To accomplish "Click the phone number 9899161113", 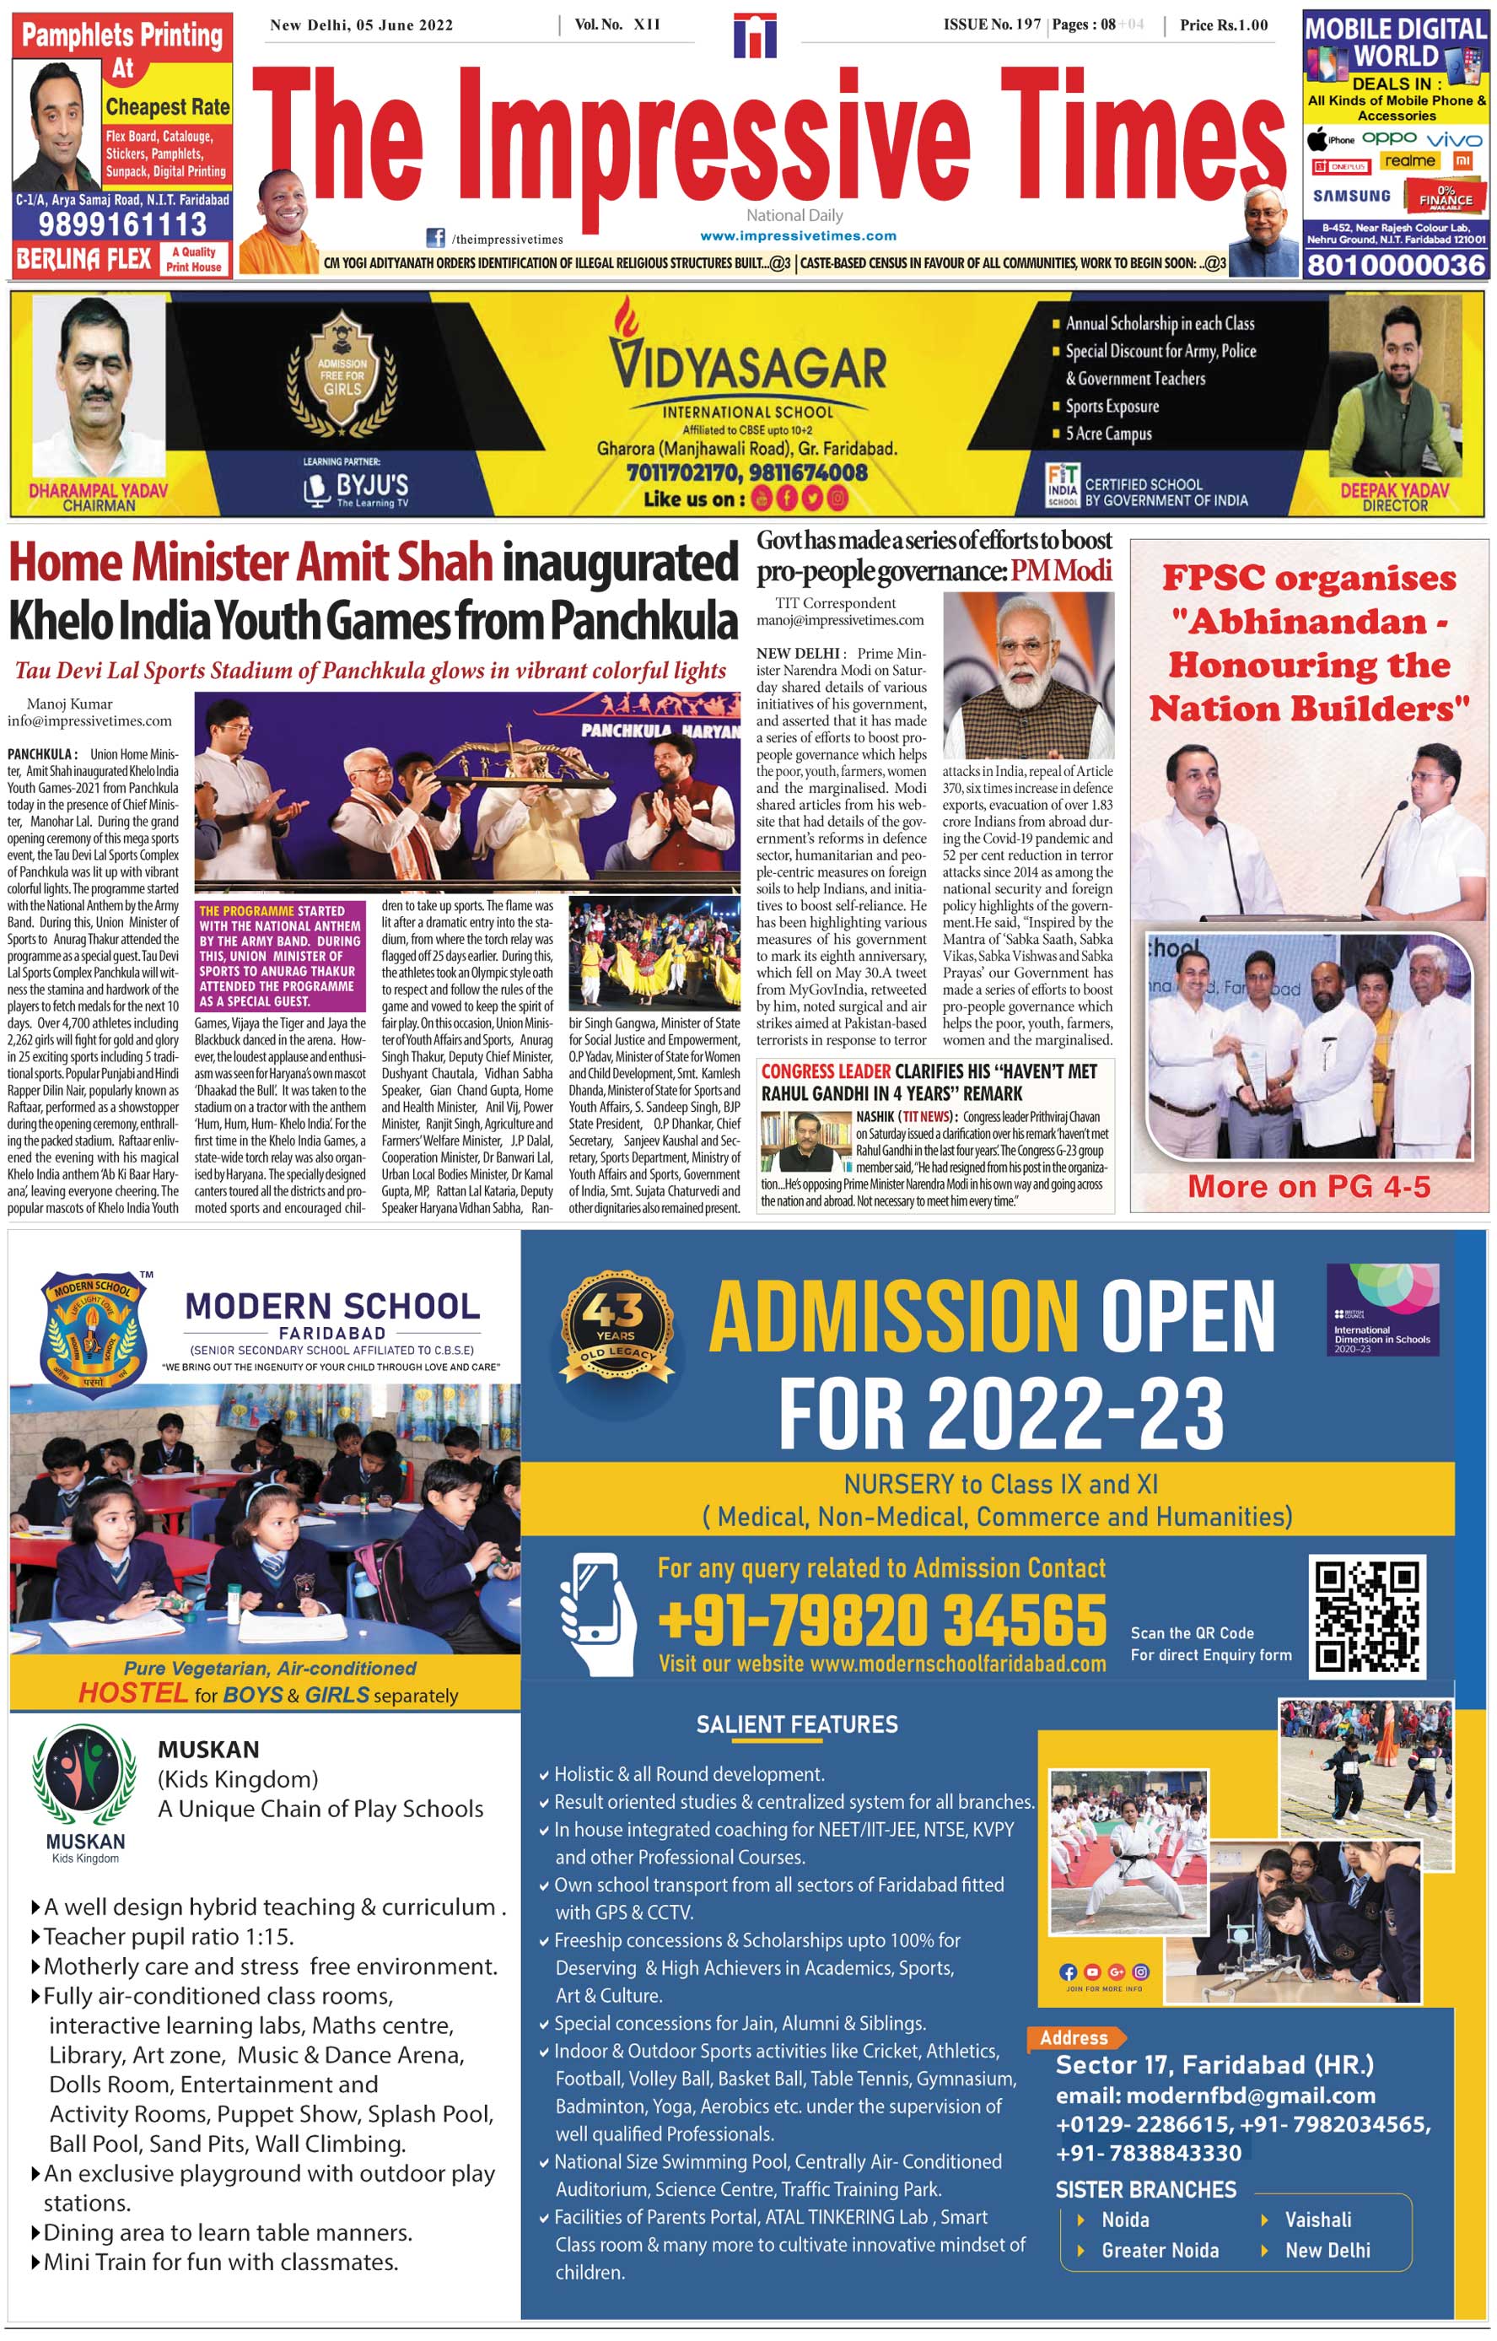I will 122,225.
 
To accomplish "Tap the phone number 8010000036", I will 1396,264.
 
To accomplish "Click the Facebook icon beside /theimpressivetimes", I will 437,238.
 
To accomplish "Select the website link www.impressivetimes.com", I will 798,236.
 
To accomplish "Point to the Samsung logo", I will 1351,196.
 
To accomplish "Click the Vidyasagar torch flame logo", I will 627,321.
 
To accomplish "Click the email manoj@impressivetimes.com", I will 840,620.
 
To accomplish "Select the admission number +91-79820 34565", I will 881,1621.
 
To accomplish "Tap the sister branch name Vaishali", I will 1317,2220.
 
